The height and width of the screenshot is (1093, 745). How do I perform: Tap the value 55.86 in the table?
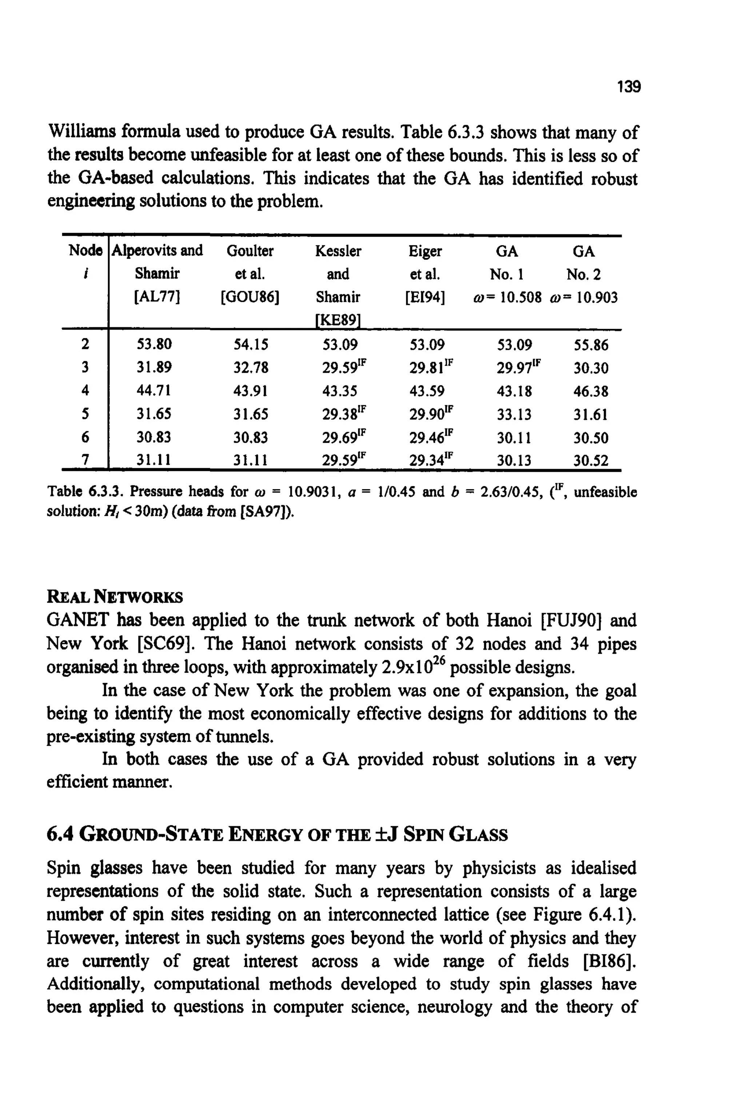pos(591,346)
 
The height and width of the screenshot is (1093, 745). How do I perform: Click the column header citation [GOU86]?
pos(250,297)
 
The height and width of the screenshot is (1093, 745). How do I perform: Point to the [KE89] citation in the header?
pos(337,320)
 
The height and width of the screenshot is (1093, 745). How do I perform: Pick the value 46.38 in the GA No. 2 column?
pos(591,391)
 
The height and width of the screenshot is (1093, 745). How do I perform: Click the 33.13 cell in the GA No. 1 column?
pos(514,414)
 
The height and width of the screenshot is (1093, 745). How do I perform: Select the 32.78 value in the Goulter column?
pos(251,367)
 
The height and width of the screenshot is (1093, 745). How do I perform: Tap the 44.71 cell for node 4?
pos(154,390)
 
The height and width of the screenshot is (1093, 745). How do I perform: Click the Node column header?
pos(85,250)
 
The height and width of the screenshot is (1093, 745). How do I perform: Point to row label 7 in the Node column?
pos(85,460)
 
